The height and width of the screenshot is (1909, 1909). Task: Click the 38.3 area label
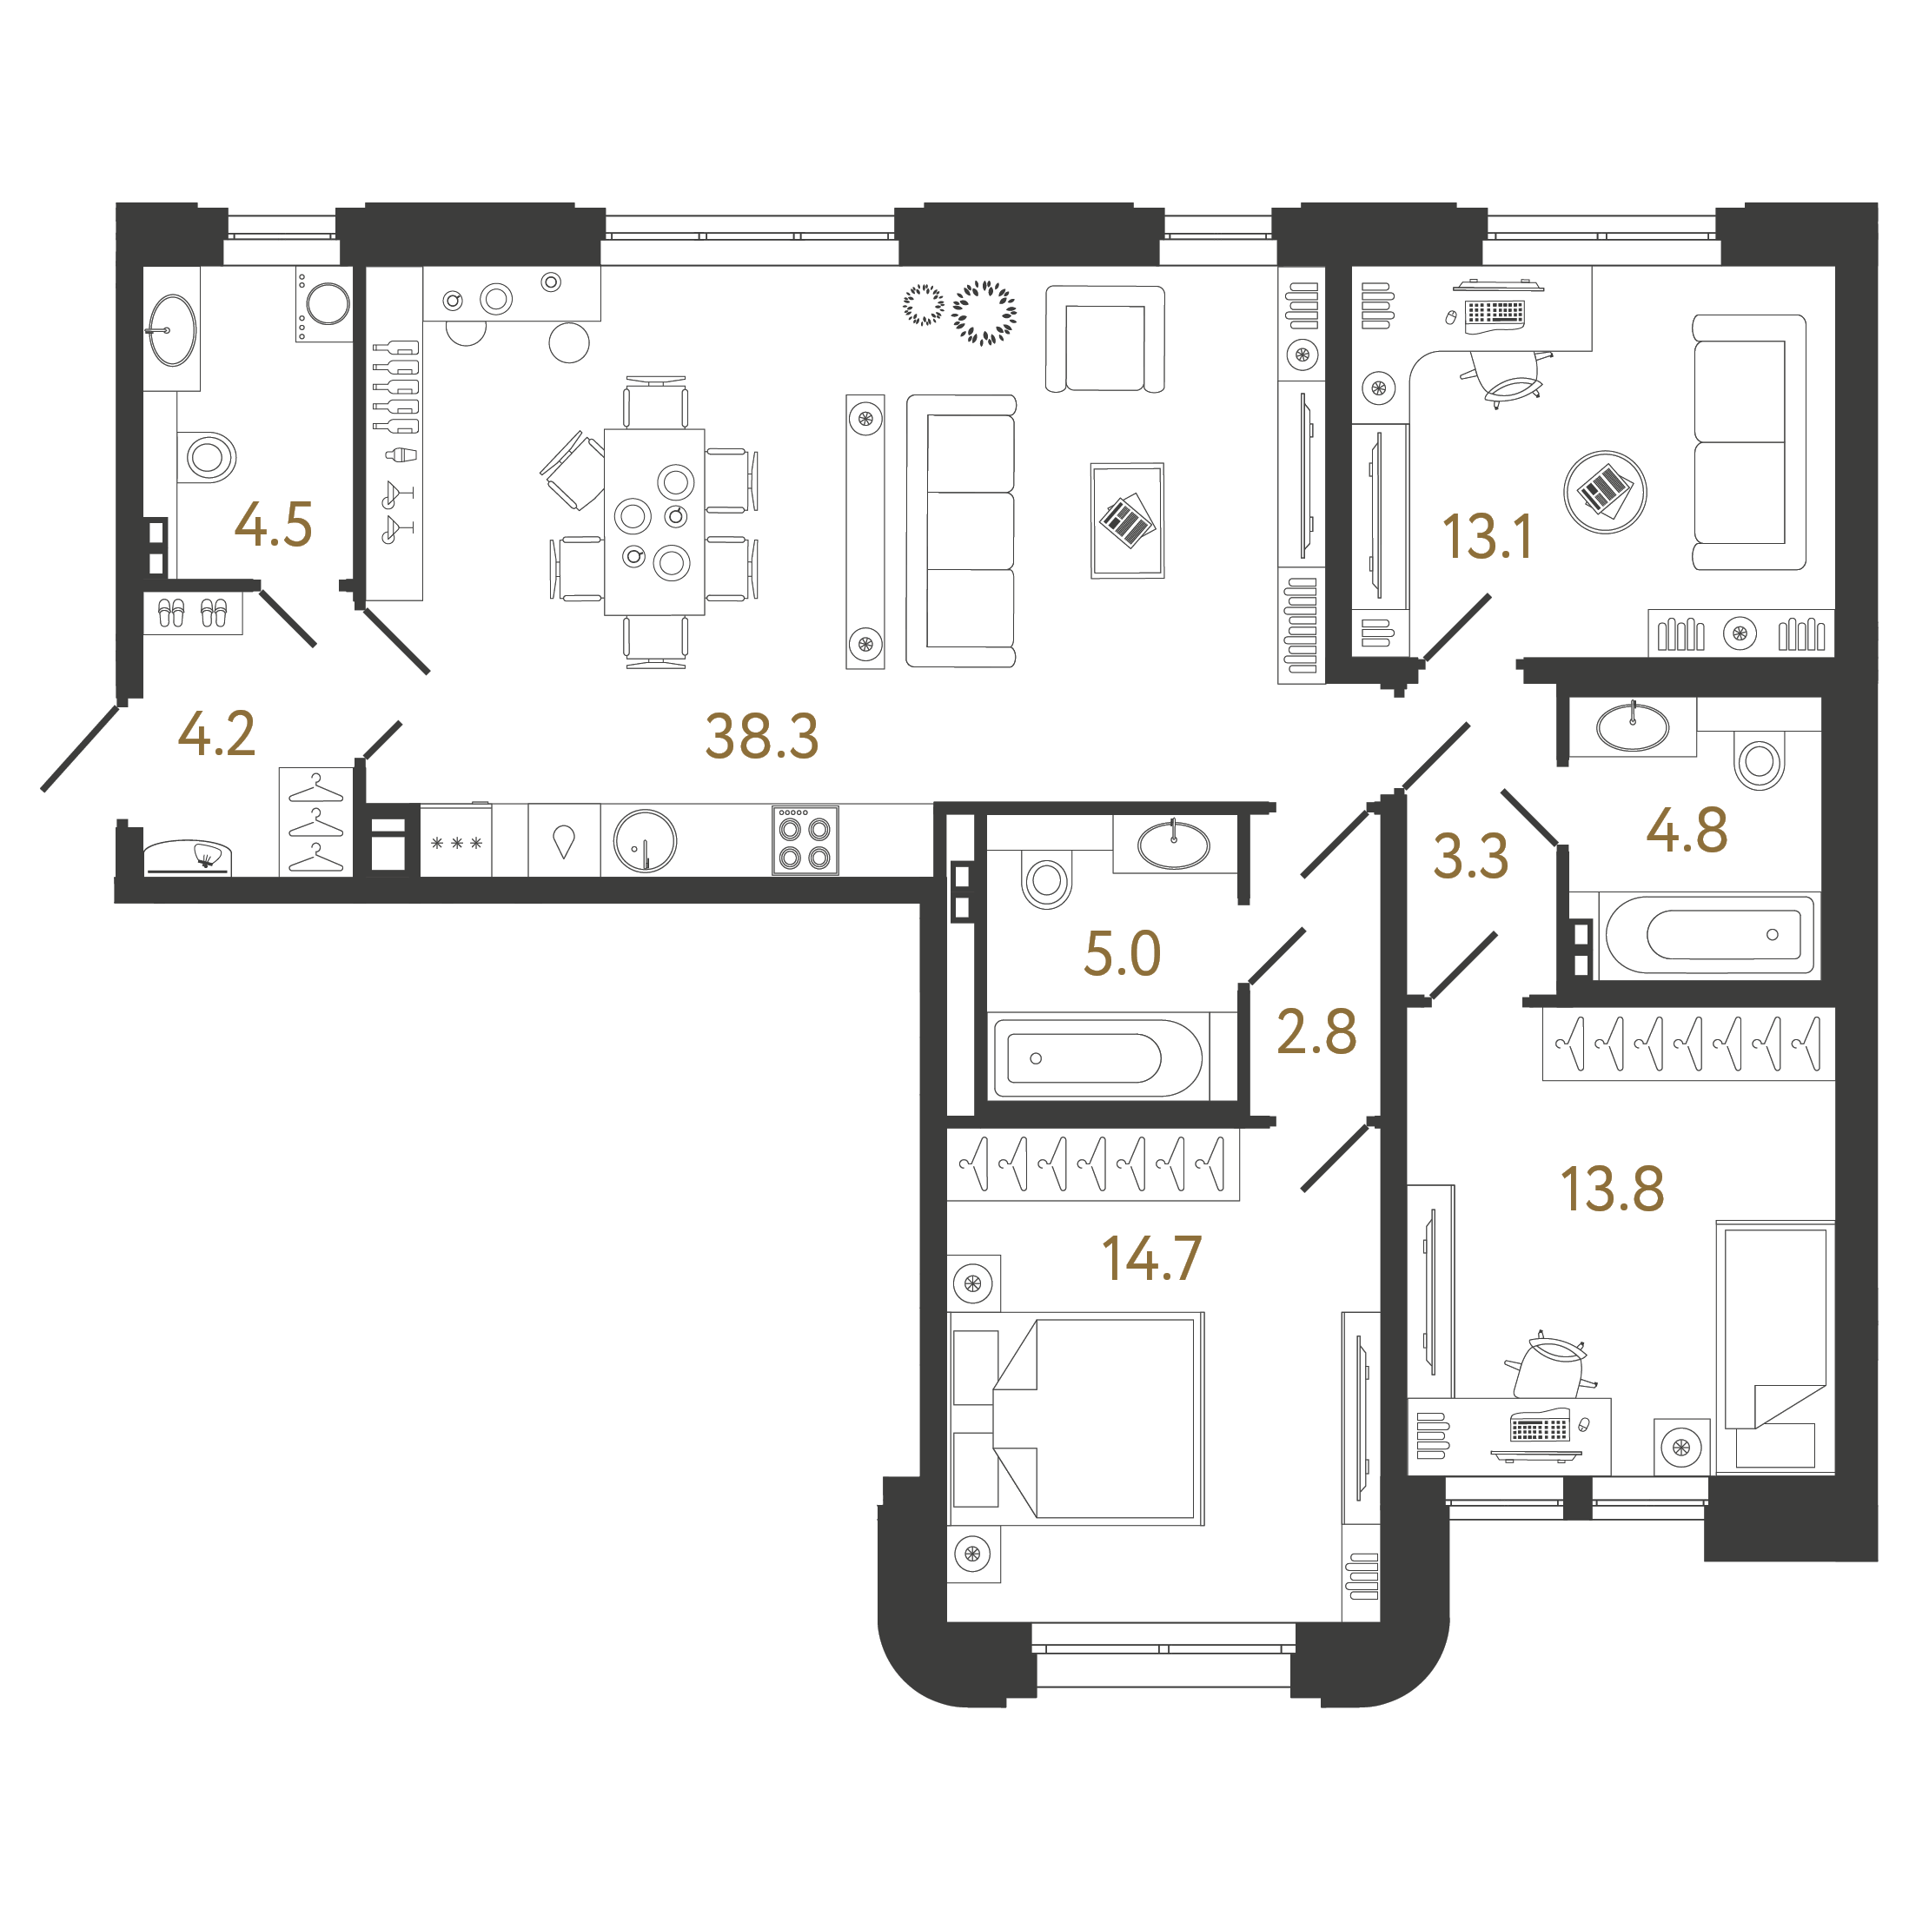pos(762,736)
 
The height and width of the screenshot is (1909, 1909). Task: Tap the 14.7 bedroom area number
pos(1151,1259)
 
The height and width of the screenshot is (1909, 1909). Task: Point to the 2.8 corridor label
pos(1316,1031)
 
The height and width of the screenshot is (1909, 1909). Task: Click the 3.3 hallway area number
pos(1470,856)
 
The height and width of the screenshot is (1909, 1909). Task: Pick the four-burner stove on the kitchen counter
pos(805,841)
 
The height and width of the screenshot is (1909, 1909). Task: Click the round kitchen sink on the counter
pos(646,841)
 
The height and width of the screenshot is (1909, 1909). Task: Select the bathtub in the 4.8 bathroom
pos(1709,935)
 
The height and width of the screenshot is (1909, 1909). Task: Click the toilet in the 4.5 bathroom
pos(207,456)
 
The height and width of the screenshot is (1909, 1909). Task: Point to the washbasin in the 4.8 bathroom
pos(1633,727)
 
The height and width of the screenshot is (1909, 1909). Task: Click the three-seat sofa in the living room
pos(961,532)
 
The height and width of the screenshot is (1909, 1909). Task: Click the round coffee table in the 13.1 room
pos(1606,492)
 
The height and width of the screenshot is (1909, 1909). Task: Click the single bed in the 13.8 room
pos(1774,1348)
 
